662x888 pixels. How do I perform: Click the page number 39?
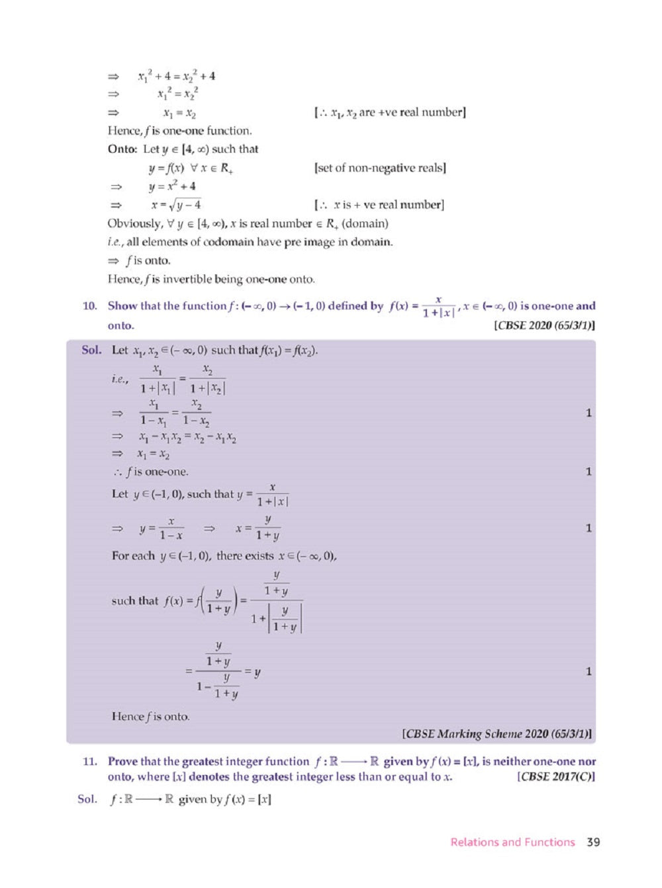pos(593,842)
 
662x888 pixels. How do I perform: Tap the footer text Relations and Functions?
pos(512,842)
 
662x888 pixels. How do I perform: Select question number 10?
pos(90,305)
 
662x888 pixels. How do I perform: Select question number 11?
pos(90,761)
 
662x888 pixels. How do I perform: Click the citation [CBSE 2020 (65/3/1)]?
pos(544,325)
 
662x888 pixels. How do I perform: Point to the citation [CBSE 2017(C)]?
pos(555,777)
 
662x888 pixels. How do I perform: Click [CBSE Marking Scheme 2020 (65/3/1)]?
pos(497,733)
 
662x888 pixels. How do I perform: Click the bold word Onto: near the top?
pos(122,149)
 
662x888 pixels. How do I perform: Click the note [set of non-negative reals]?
pos(380,168)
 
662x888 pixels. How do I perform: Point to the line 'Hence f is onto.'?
pos(150,716)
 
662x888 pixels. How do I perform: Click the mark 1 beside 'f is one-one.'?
pos(589,471)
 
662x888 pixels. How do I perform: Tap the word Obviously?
pos(135,223)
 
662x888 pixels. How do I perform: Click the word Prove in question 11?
pos(123,761)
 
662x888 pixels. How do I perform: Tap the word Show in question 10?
pos(122,305)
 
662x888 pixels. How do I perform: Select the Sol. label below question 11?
pos(87,799)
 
